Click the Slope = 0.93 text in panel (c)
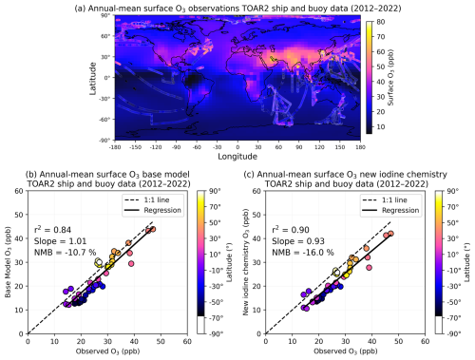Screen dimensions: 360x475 (x=292, y=243)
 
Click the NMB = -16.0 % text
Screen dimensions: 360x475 (x=295, y=256)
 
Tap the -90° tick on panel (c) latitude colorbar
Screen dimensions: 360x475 (x=457, y=334)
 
